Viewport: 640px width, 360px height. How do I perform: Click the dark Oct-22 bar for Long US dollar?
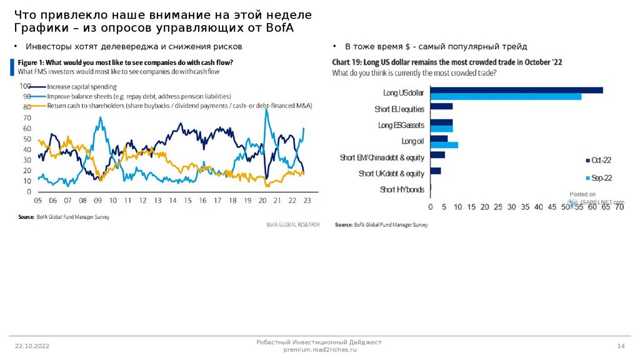coord(516,90)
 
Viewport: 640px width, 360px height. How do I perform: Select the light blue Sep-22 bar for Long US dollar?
coord(506,96)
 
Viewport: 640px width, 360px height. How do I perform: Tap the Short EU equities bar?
coord(441,106)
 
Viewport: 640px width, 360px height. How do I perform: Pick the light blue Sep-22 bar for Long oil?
coord(444,145)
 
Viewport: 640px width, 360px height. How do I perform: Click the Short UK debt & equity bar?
coord(435,171)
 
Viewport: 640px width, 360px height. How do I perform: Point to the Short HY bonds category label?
coord(402,189)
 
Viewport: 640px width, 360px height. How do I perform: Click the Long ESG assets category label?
coord(401,125)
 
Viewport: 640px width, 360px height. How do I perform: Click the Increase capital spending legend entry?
coord(81,87)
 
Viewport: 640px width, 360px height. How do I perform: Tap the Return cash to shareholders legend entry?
coord(179,106)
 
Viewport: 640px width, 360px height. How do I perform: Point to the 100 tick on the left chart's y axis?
coord(26,86)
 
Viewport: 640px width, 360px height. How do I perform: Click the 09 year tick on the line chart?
coord(98,201)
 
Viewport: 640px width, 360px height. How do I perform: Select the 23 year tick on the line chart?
coord(307,201)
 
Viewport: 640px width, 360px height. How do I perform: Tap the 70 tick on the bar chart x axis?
coord(619,207)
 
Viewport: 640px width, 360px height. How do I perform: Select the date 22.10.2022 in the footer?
coord(32,346)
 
